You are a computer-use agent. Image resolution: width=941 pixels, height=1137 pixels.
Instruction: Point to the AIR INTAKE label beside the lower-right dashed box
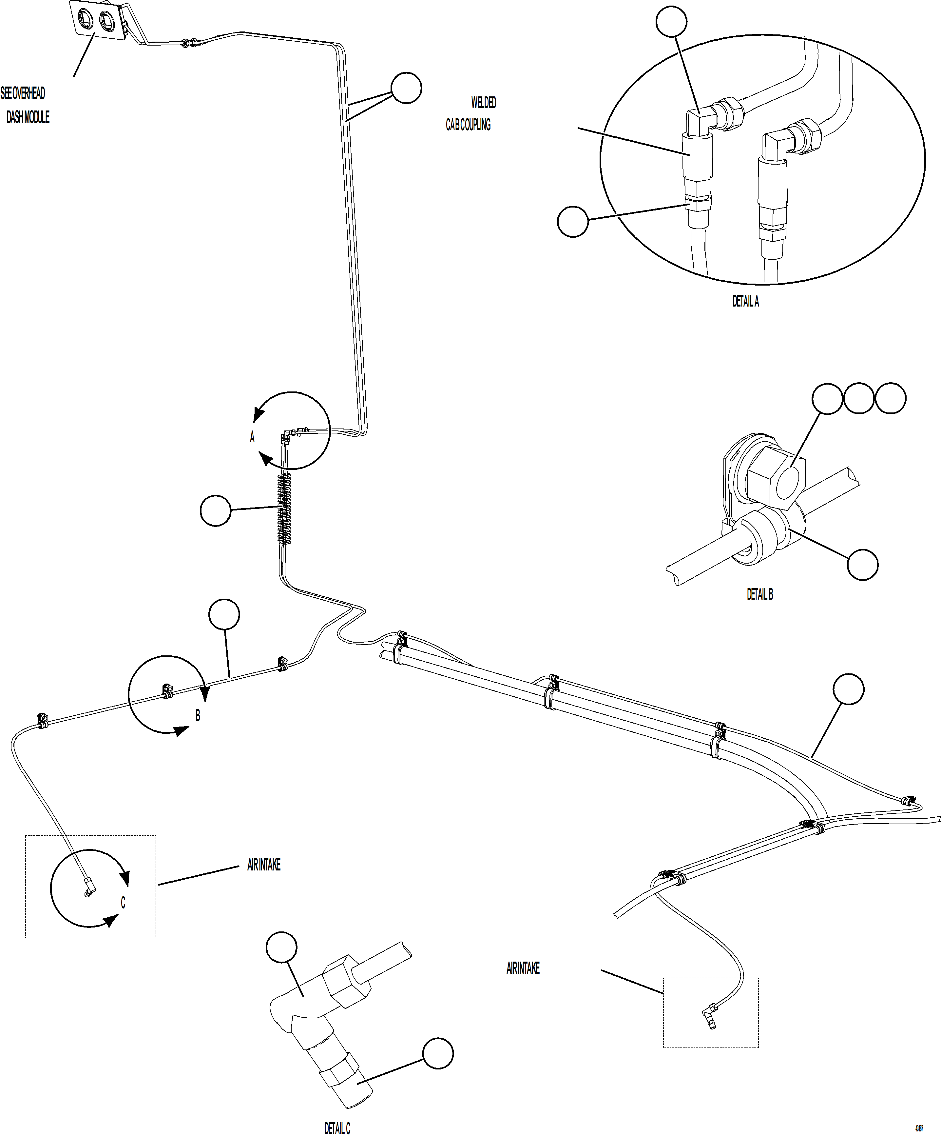(x=522, y=968)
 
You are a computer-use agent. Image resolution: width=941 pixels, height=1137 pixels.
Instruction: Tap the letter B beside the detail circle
(x=198, y=716)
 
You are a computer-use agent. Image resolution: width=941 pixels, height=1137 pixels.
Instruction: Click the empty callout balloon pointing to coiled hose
(x=215, y=510)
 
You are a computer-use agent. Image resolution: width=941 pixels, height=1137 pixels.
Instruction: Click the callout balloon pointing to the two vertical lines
(x=406, y=88)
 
